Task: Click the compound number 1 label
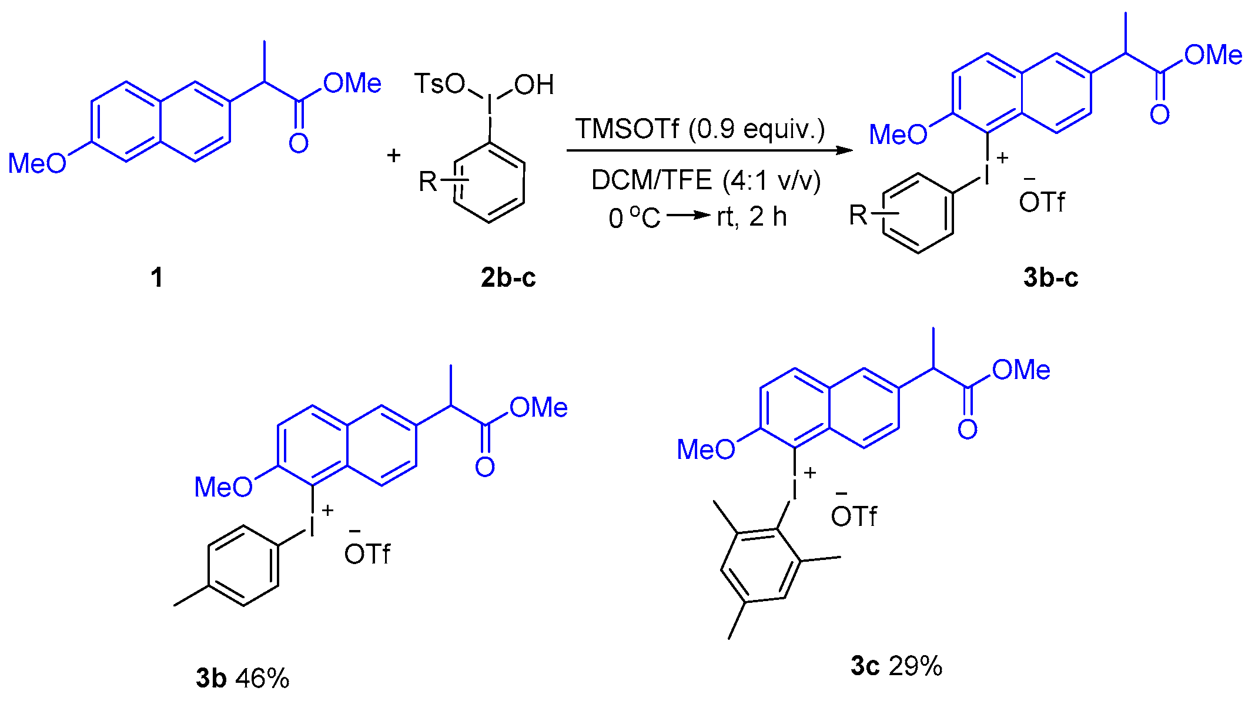[156, 277]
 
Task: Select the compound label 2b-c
[508, 277]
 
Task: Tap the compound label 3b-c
[1050, 277]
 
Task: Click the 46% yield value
[262, 679]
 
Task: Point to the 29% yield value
[915, 666]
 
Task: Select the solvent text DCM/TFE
[651, 180]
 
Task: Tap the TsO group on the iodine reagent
[439, 84]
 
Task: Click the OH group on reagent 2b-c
[534, 85]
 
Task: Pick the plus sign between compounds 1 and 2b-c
[394, 156]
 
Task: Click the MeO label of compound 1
[37, 163]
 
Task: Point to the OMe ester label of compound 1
[352, 83]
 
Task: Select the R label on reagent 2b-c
[428, 182]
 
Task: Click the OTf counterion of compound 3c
[854, 516]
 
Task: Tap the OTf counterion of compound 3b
[367, 554]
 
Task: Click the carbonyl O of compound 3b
[485, 467]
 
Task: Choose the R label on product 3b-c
[858, 215]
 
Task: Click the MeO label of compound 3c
[705, 450]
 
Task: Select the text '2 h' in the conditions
[768, 217]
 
